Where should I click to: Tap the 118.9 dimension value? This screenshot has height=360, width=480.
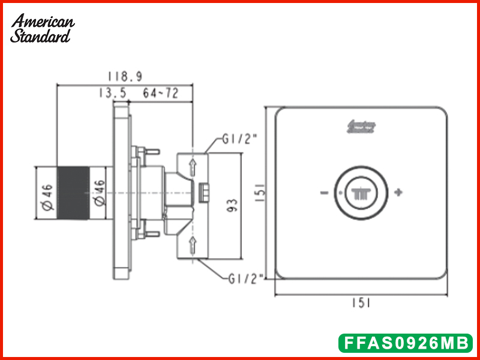tap(124, 77)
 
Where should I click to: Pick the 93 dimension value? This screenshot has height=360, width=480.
tap(233, 205)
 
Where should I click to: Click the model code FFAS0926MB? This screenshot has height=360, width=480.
tap(405, 343)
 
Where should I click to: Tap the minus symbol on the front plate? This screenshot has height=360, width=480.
tap(324, 193)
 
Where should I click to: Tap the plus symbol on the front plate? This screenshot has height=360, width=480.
tap(398, 193)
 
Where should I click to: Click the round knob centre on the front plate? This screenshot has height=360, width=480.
tap(362, 193)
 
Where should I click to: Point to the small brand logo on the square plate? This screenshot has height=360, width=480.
tap(362, 127)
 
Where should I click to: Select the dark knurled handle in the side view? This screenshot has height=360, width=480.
tap(73, 192)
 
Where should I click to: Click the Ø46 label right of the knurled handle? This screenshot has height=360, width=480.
tap(100, 194)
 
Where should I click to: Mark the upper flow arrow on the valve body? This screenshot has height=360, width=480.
tap(193, 167)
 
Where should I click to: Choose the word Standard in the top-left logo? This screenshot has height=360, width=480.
tap(40, 36)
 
